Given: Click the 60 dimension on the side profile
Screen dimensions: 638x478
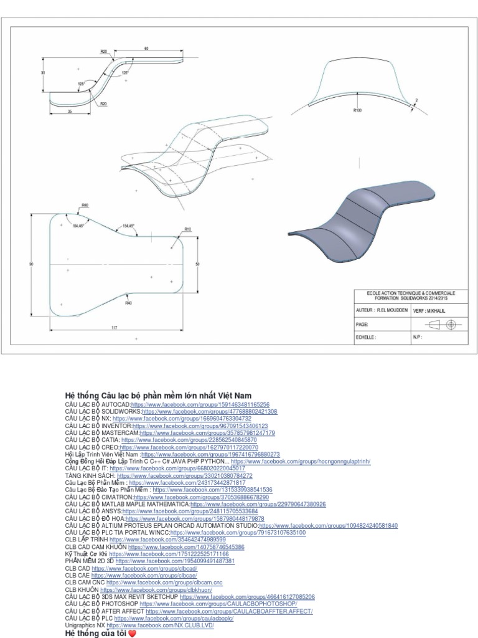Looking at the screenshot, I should [x=147, y=48].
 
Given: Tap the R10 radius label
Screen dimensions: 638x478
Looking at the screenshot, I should [x=187, y=230].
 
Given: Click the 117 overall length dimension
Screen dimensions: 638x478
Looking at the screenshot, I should [x=114, y=327].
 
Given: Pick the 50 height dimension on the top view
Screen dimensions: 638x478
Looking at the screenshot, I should [x=197, y=265].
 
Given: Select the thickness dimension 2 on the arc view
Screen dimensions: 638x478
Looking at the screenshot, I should [x=416, y=100].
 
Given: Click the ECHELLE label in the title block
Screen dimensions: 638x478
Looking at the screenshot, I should [x=366, y=337].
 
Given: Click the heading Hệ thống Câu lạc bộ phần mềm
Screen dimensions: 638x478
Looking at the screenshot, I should [x=158, y=396].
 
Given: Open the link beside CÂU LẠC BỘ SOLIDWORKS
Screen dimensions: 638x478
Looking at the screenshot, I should [x=210, y=412].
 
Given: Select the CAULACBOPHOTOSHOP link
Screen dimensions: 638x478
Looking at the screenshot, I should [x=218, y=604].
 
